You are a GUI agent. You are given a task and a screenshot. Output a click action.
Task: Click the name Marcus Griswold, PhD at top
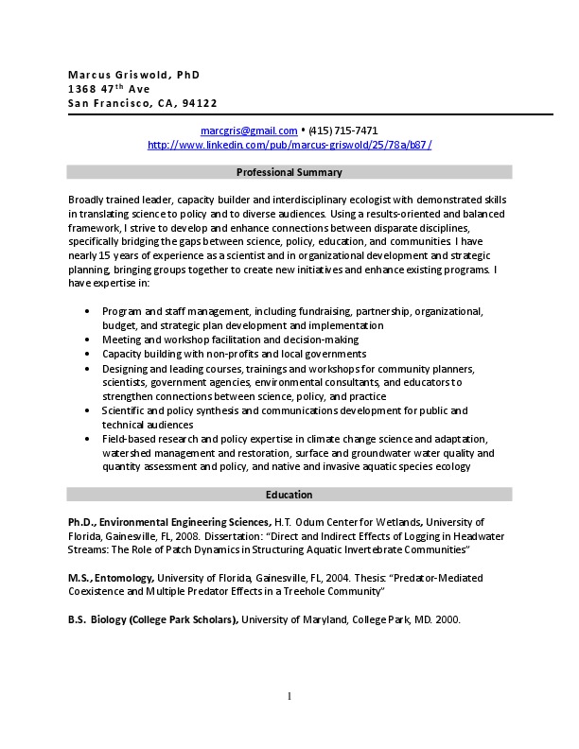(x=133, y=75)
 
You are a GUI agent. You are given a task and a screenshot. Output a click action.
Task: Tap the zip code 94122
(x=200, y=103)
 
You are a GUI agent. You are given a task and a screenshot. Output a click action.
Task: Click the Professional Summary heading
(x=289, y=172)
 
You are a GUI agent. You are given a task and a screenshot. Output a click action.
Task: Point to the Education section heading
(x=289, y=495)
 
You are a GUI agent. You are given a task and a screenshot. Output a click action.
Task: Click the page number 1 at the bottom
(x=289, y=697)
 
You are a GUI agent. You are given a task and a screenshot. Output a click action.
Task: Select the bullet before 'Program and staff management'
(x=88, y=311)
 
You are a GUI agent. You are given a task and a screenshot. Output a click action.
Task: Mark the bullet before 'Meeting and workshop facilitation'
(x=88, y=340)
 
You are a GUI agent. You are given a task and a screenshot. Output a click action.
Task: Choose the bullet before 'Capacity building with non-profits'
(x=88, y=354)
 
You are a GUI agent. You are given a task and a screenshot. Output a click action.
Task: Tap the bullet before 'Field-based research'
(x=88, y=440)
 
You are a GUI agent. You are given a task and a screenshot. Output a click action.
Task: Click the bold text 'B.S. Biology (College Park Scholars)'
(x=152, y=620)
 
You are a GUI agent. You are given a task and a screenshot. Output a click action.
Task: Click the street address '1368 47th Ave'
(x=109, y=89)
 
